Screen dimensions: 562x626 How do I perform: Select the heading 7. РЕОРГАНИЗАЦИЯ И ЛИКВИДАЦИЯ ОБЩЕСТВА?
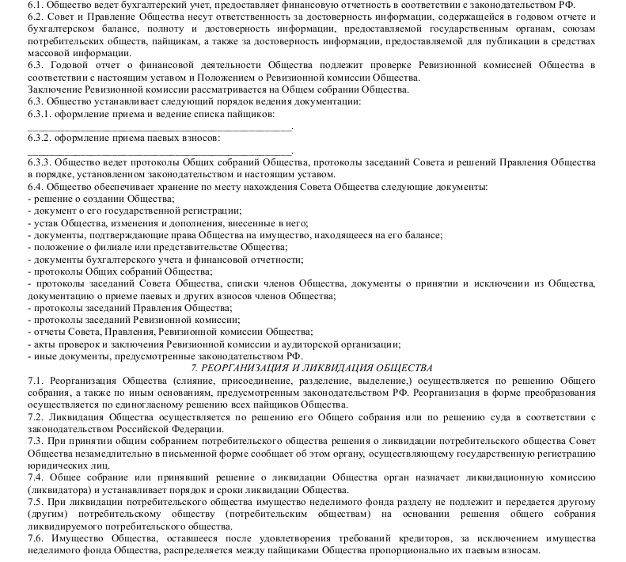point(313,369)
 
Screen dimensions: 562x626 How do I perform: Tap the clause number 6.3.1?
point(40,115)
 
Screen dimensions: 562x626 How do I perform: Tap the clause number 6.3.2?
point(40,139)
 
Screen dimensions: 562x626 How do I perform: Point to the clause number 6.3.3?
point(40,162)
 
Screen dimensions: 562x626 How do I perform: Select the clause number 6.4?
point(36,186)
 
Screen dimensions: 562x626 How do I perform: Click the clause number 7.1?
point(36,381)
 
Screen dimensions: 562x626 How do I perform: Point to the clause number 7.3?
point(36,440)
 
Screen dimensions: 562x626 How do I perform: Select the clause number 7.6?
point(36,537)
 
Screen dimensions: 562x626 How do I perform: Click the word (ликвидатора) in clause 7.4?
point(56,489)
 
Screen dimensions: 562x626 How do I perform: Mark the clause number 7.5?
point(36,501)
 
